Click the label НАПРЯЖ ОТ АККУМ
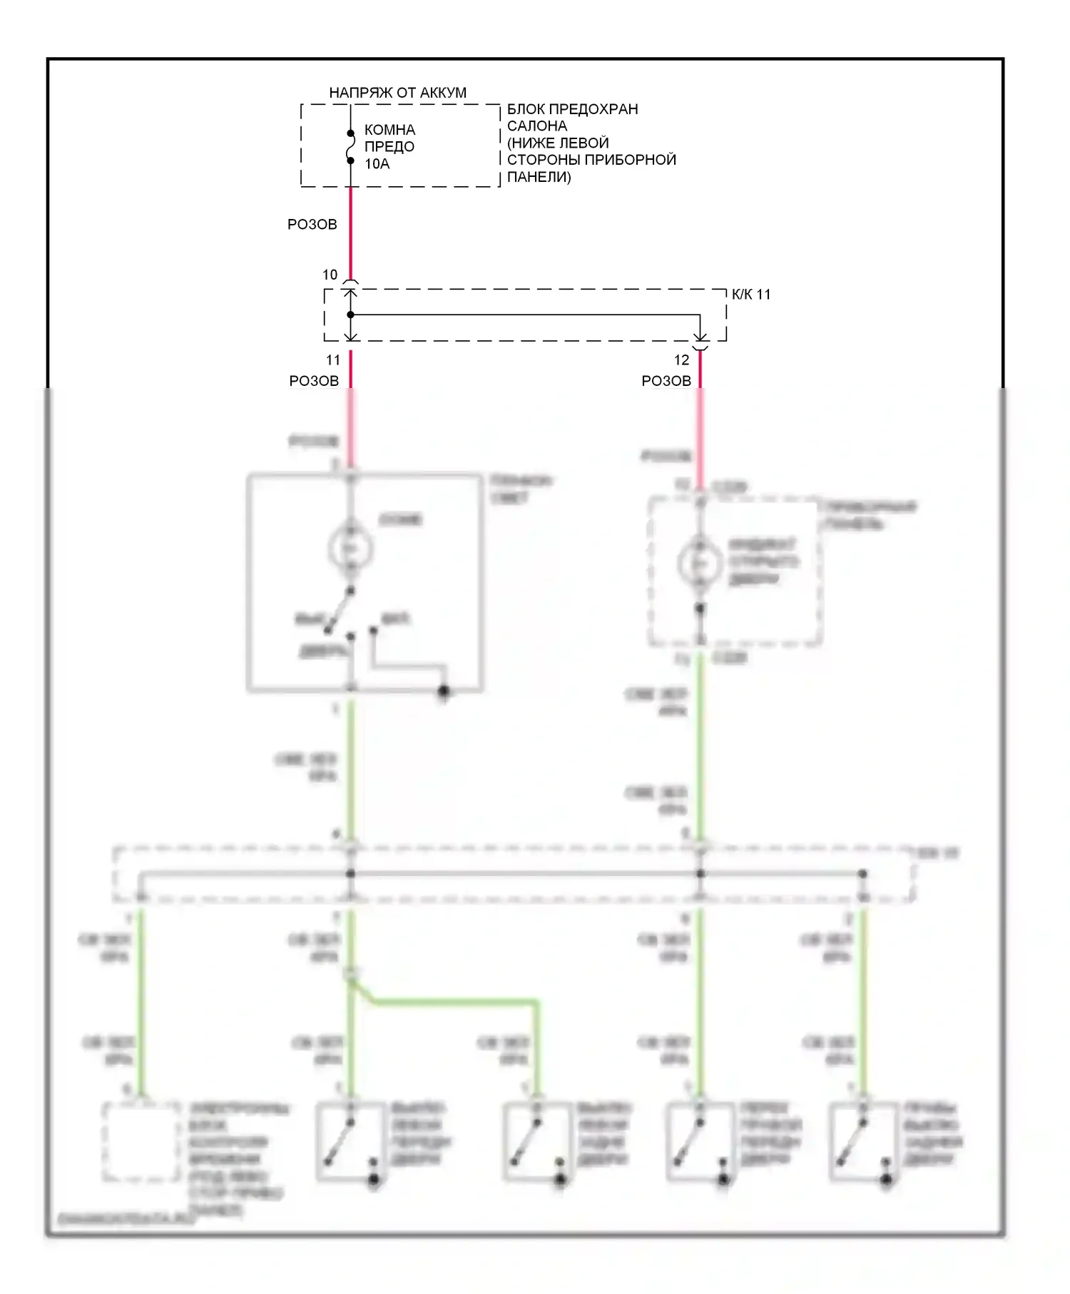point(397,93)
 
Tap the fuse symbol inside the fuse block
point(350,147)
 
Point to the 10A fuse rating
point(377,164)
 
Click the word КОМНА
point(389,130)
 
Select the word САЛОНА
point(537,126)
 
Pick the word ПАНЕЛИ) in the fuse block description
point(539,177)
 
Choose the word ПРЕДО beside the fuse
point(389,147)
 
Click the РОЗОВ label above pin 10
point(312,224)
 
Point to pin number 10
point(330,275)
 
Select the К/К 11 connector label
point(751,295)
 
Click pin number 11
point(333,360)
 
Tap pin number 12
point(682,360)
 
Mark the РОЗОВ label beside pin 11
point(314,381)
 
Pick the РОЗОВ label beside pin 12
point(666,381)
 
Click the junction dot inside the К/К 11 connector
point(350,315)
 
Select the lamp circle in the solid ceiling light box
point(350,548)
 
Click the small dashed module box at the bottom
point(141,1142)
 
